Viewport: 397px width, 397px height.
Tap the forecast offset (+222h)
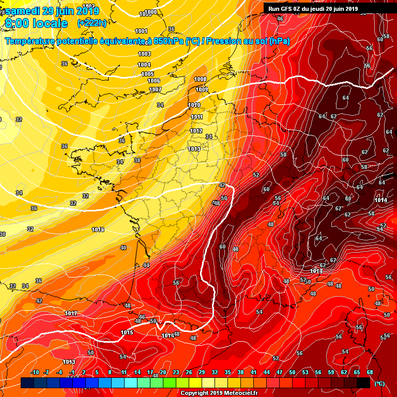click(x=91, y=23)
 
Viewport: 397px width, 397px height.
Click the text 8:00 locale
click(x=37, y=23)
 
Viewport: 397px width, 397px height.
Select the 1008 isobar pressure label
click(x=201, y=79)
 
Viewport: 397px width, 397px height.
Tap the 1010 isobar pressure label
click(x=194, y=105)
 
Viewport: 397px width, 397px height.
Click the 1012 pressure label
click(x=196, y=131)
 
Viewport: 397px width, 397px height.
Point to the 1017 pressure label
click(x=71, y=313)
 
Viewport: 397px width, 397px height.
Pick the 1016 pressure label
click(x=98, y=230)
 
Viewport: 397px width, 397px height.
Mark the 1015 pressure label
click(x=127, y=332)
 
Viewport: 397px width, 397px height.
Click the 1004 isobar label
click(x=144, y=65)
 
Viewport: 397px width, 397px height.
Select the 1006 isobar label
click(x=154, y=81)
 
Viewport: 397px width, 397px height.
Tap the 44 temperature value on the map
click(x=146, y=265)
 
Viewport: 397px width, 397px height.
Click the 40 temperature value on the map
click(x=123, y=248)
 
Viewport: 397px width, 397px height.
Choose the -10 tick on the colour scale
click(x=35, y=372)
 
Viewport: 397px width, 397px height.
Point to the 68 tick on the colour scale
click(x=370, y=372)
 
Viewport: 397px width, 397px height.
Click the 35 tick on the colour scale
click(x=227, y=372)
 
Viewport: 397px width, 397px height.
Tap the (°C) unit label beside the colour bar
click(x=379, y=383)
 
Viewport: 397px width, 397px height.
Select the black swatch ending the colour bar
click(x=363, y=383)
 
